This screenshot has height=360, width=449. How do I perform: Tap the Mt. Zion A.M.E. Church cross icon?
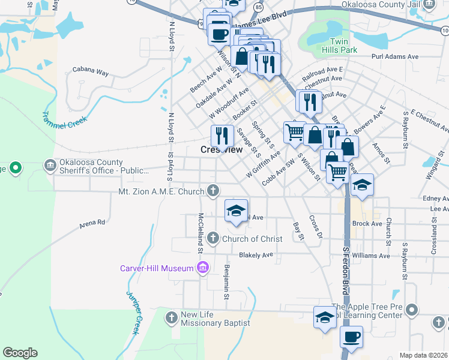coord(212,191)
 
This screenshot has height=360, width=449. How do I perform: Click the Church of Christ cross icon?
coord(212,239)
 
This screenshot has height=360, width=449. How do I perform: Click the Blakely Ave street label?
coord(256,255)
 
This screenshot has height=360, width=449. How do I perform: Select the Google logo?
coord(20,353)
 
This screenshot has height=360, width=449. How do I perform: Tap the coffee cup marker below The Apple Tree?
coord(351,337)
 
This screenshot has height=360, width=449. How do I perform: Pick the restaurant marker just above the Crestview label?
coord(222,136)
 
